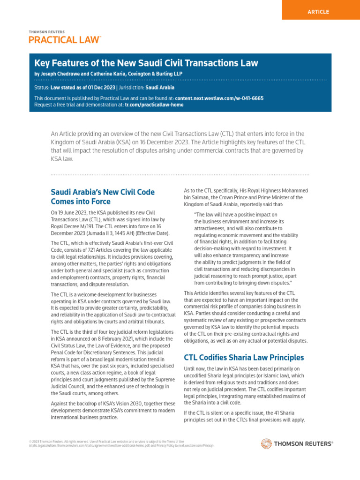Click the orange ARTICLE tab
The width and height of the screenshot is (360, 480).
(x=318, y=12)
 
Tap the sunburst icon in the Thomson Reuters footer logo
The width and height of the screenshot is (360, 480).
(x=266, y=443)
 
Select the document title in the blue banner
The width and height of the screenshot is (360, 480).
(x=146, y=63)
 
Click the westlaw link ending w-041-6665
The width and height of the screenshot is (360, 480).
(x=219, y=98)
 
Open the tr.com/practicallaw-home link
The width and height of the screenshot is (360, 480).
(x=154, y=105)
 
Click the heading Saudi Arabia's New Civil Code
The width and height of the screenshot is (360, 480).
(x=102, y=192)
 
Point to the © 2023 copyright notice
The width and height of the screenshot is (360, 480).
(x=37, y=442)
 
